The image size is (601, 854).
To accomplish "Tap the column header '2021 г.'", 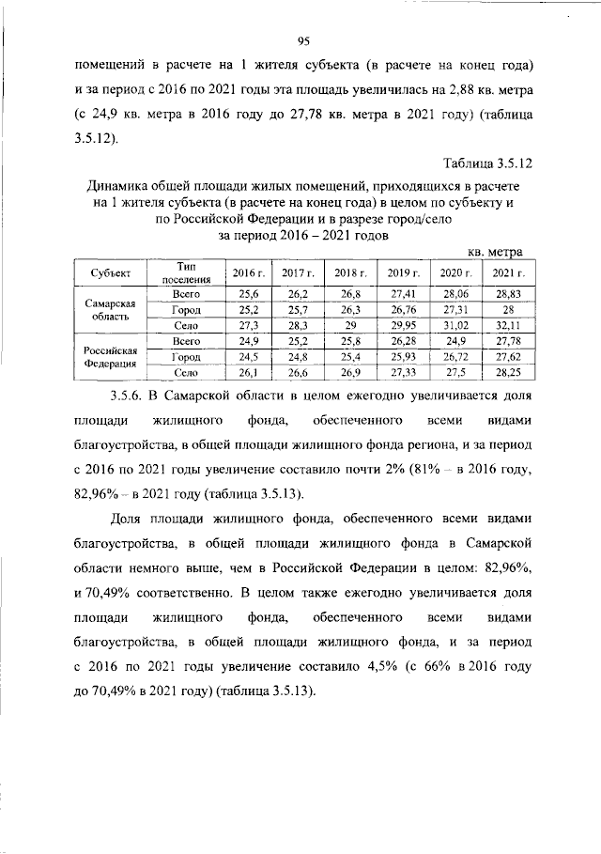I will click(508, 273).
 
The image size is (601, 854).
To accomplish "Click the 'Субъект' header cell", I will click(112, 273).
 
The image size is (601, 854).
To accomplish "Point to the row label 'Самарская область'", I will click(112, 310).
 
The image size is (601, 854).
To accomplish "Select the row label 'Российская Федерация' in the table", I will click(112, 356).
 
